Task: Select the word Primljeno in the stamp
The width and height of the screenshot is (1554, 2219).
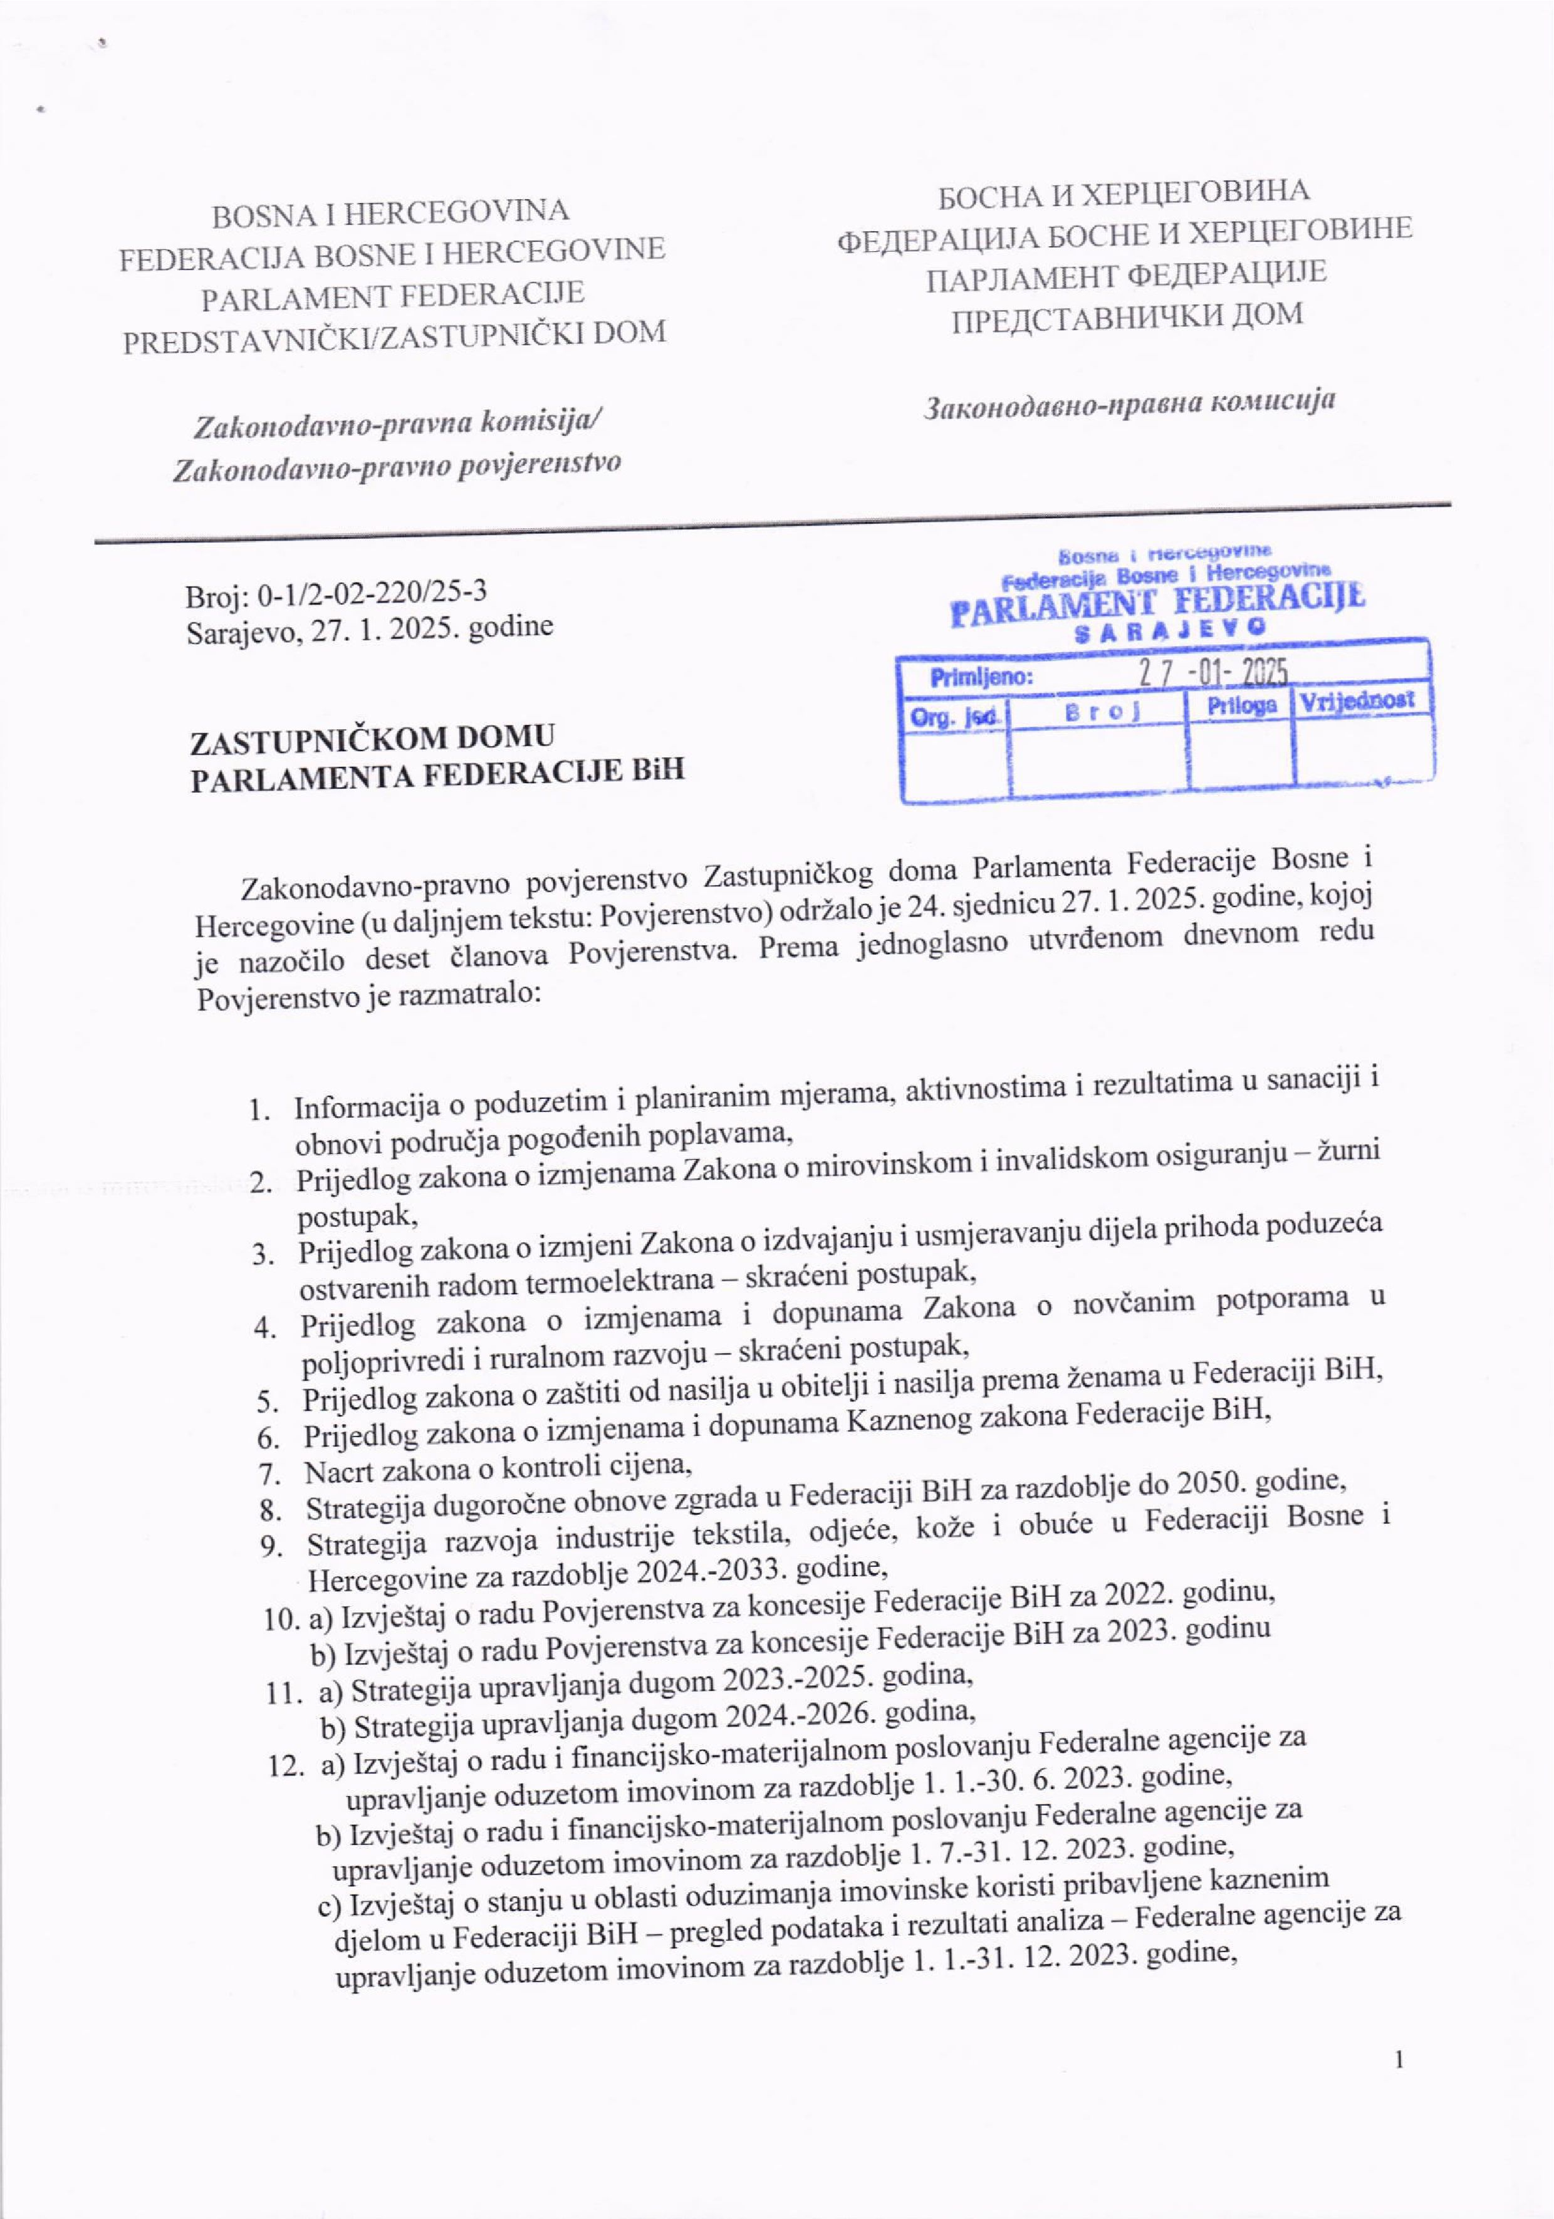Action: click(981, 677)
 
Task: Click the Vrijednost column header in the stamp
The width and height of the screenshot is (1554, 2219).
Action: click(1363, 700)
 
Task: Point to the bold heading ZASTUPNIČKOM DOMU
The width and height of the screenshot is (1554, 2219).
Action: click(373, 739)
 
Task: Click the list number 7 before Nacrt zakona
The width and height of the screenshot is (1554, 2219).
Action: click(268, 1473)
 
